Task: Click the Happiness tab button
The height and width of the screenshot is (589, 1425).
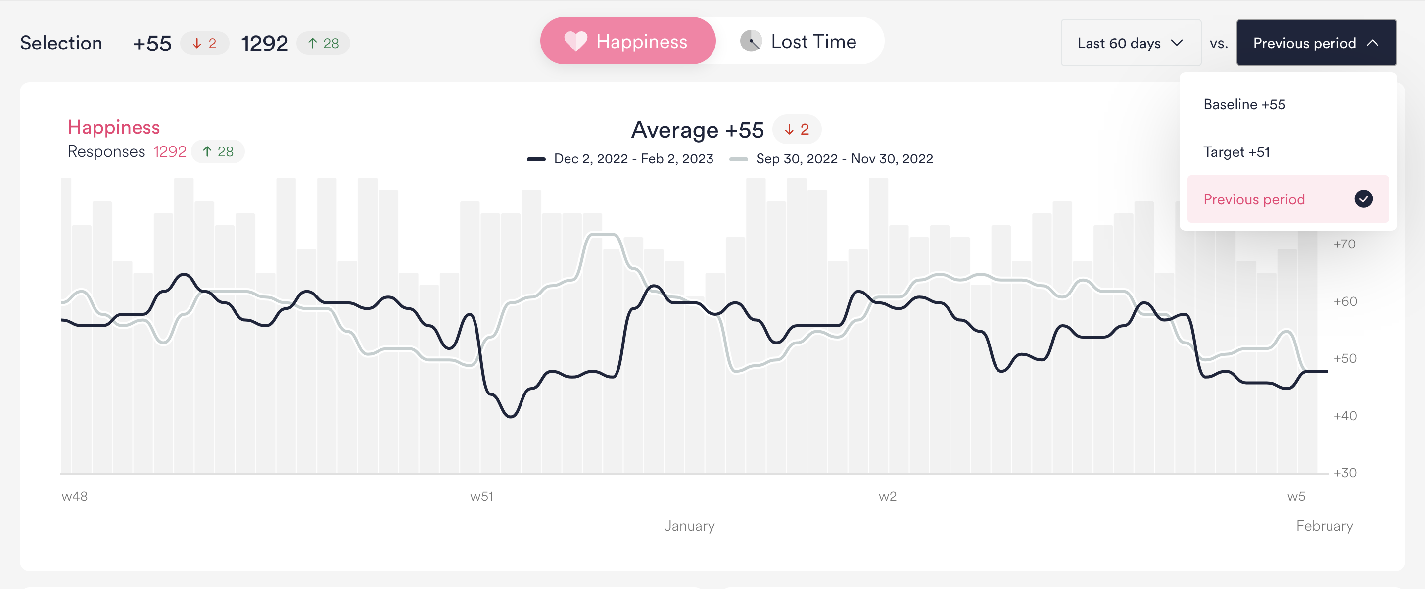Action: point(628,41)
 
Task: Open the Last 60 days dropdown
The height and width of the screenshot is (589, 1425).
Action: point(1131,43)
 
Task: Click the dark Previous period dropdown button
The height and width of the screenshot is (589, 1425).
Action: point(1316,43)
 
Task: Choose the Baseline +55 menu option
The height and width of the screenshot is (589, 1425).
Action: point(1244,104)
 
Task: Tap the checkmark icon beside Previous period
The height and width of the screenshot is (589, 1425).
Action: point(1363,199)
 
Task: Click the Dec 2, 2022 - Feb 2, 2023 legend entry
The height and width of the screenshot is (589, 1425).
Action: point(620,159)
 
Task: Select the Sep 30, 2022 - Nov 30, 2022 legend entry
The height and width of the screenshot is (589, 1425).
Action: point(831,159)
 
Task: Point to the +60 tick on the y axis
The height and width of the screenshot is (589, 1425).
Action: point(1345,302)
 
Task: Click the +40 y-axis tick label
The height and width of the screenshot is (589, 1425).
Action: point(1345,416)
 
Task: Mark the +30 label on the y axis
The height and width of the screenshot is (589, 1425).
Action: point(1345,473)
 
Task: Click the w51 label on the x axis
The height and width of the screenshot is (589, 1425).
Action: point(481,496)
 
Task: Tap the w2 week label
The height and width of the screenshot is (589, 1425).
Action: point(887,496)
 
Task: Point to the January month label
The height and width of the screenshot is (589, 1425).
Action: point(689,525)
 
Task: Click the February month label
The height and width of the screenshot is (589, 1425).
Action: point(1325,525)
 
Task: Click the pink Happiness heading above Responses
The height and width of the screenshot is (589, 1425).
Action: point(113,127)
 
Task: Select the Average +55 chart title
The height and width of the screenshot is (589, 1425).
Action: point(697,130)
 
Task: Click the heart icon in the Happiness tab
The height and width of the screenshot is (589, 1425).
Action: point(575,41)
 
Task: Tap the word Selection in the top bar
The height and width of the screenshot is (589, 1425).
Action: point(61,43)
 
